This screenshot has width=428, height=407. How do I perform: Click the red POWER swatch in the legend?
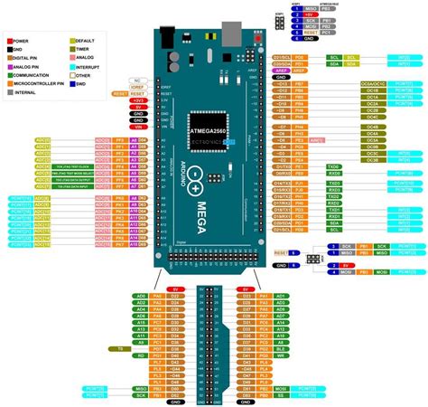10,40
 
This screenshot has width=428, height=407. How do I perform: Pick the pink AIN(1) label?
317,141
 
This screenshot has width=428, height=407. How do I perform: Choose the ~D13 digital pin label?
283,82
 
